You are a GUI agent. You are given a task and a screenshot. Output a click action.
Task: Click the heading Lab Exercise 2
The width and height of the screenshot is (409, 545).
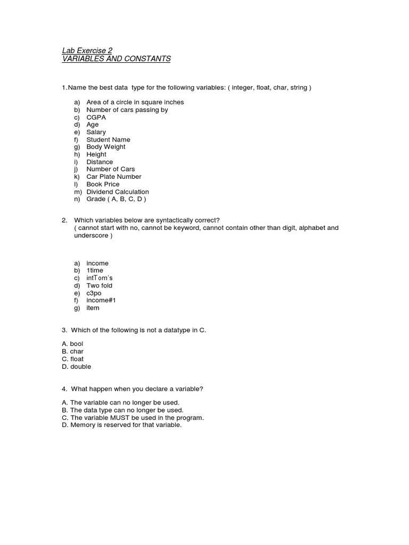[x=87, y=51]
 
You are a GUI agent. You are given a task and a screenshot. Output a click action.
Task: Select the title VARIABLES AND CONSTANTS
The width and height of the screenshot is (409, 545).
[x=116, y=59]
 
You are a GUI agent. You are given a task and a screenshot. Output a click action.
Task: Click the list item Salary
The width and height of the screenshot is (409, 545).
[x=96, y=132]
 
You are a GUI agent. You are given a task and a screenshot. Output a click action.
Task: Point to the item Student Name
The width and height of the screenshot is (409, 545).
[x=108, y=139]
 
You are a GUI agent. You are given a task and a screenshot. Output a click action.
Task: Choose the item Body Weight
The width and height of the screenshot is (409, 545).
[x=106, y=147]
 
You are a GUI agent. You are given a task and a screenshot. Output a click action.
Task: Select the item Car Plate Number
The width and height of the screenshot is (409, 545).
[x=114, y=177]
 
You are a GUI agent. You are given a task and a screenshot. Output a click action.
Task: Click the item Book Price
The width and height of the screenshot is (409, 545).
[x=103, y=184]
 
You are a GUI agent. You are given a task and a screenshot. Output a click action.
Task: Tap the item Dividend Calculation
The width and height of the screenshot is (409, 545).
[x=118, y=192]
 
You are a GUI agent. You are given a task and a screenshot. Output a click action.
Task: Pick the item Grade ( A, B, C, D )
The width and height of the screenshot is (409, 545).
[x=116, y=199]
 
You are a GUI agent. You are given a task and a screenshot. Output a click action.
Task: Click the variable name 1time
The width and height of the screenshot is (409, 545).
[x=95, y=270]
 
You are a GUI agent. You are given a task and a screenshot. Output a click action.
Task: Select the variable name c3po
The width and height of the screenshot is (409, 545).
[x=94, y=293]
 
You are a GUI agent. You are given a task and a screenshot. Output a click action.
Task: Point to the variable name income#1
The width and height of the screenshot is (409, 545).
[x=101, y=300]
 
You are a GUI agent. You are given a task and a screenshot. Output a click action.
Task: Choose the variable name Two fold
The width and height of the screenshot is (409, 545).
[x=100, y=285]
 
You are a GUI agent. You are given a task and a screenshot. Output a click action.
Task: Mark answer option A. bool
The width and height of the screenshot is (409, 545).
[x=73, y=344]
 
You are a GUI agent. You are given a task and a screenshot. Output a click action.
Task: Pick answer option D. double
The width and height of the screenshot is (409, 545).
[x=77, y=367]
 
